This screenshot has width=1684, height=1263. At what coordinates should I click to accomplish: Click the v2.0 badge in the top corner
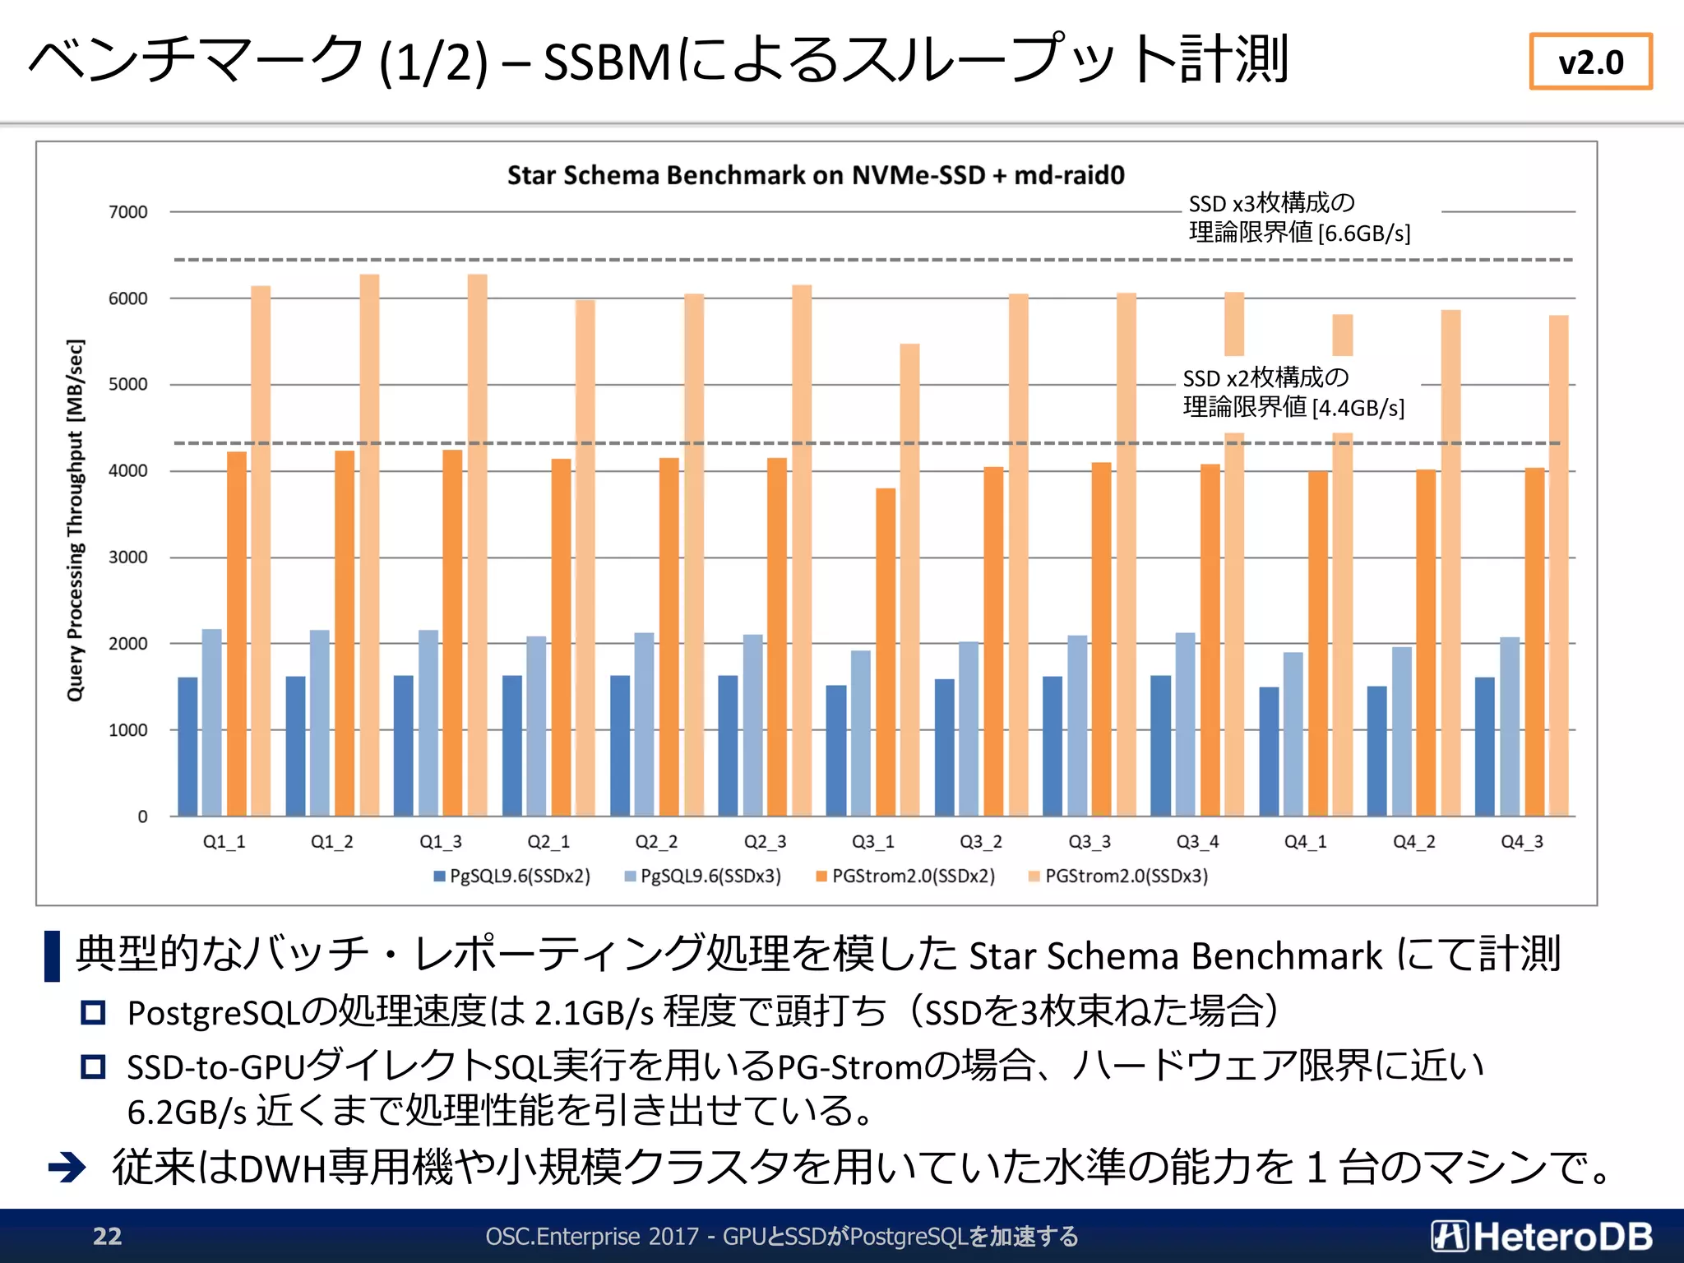pos(1590,62)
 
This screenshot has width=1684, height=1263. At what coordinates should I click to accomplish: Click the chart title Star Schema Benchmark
pos(815,175)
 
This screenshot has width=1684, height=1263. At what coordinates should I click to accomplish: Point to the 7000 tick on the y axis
pos(128,212)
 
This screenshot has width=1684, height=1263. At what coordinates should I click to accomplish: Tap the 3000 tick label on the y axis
pos(128,557)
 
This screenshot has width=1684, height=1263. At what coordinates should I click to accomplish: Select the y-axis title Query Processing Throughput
pos(75,520)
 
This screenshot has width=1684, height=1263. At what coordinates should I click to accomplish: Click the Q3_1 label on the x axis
pos(872,841)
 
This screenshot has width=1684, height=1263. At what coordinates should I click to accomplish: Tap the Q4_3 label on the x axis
pos(1521,841)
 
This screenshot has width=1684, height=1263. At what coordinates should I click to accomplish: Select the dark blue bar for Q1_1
pos(187,747)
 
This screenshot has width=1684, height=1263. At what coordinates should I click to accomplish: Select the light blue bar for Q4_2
pos(1401,732)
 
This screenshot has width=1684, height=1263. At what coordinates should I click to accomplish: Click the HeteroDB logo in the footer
pos(1541,1236)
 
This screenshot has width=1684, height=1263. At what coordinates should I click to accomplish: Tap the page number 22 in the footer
pos(107,1236)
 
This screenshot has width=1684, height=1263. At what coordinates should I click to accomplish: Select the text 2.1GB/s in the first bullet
pos(594,1013)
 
